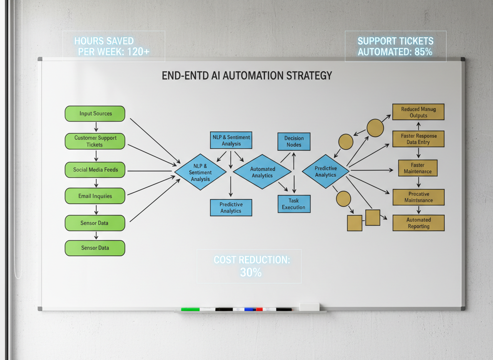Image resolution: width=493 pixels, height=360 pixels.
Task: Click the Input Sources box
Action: pyautogui.click(x=95, y=113)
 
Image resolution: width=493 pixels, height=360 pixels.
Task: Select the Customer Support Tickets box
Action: pyautogui.click(x=95, y=141)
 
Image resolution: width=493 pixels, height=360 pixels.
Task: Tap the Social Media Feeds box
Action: pyautogui.click(x=95, y=170)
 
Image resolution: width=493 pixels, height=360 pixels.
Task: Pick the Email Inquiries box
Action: pyautogui.click(x=95, y=196)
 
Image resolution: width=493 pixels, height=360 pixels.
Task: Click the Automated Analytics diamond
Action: pyautogui.click(x=262, y=172)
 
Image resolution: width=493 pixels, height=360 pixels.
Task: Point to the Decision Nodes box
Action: pyautogui.click(x=294, y=141)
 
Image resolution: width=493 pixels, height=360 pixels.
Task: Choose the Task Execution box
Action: pyautogui.click(x=294, y=204)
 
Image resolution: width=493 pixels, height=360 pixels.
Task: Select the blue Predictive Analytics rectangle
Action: pyautogui.click(x=231, y=207)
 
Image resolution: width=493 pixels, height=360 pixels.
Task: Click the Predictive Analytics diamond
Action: pyautogui.click(x=326, y=171)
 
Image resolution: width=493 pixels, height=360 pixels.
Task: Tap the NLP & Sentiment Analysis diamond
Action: pyautogui.click(x=200, y=172)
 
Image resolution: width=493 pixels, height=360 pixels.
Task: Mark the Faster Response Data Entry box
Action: pyautogui.click(x=418, y=139)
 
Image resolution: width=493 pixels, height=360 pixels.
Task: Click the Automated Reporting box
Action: pyautogui.click(x=418, y=223)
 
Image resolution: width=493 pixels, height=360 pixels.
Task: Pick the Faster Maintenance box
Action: pyautogui.click(x=418, y=168)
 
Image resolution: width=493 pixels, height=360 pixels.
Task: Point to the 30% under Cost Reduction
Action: pyautogui.click(x=251, y=272)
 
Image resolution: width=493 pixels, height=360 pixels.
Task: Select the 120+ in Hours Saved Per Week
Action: pyautogui.click(x=134, y=52)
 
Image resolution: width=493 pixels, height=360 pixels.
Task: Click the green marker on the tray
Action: pyautogui.click(x=190, y=309)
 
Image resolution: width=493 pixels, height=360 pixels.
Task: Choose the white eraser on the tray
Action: pyautogui.click(x=309, y=307)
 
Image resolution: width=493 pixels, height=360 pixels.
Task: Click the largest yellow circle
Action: pyautogui.click(x=375, y=128)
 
